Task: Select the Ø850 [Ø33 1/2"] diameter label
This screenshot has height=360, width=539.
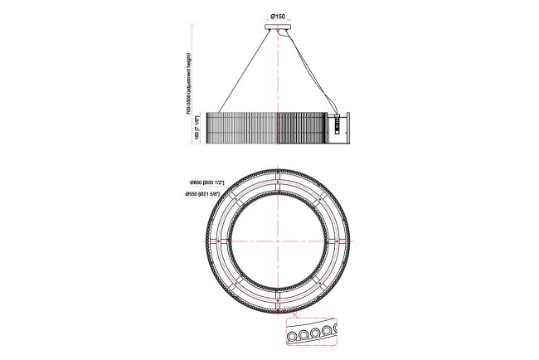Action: coord(206,182)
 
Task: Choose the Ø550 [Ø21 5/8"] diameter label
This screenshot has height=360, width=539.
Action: coord(206,194)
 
